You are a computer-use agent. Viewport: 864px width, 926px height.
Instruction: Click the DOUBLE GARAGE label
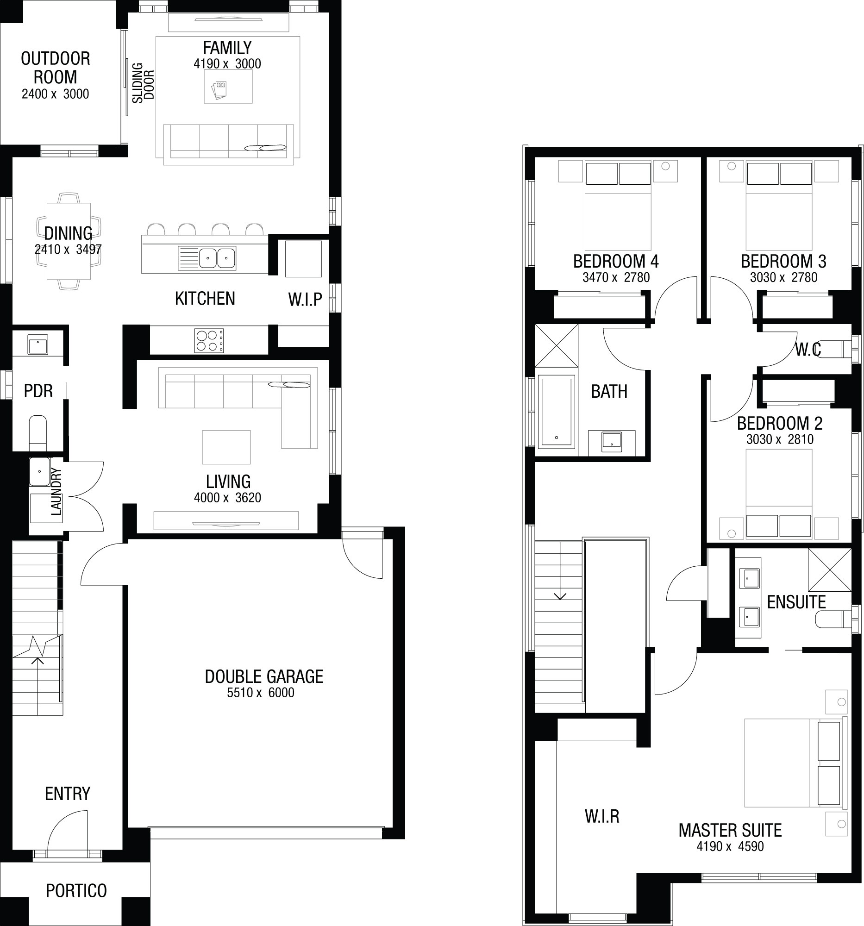(264, 676)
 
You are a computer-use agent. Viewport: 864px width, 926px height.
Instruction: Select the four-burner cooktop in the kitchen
(209, 341)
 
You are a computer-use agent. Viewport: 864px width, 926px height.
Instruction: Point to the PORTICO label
(76, 891)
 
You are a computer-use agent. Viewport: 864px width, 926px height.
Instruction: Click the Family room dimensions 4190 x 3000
(227, 64)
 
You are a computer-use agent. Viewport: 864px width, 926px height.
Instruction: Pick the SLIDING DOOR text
(143, 83)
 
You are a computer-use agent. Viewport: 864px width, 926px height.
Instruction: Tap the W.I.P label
(305, 300)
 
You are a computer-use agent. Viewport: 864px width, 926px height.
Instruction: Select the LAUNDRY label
(56, 492)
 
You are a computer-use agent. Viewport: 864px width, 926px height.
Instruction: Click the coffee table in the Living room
(226, 447)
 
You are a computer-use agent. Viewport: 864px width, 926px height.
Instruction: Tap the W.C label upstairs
(808, 350)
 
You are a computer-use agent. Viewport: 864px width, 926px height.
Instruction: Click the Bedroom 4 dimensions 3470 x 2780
(616, 278)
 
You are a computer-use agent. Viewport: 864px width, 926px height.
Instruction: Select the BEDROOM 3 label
(783, 261)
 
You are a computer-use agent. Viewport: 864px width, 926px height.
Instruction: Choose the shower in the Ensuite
(830, 570)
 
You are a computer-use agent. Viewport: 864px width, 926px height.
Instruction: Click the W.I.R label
(602, 816)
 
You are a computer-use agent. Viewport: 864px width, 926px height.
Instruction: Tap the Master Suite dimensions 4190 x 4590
(730, 846)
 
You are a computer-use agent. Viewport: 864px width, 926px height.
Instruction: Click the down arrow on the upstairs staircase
(560, 596)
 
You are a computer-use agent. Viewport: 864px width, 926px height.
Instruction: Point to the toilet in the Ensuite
(834, 619)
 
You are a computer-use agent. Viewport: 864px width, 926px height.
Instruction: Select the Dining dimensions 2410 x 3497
(68, 249)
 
